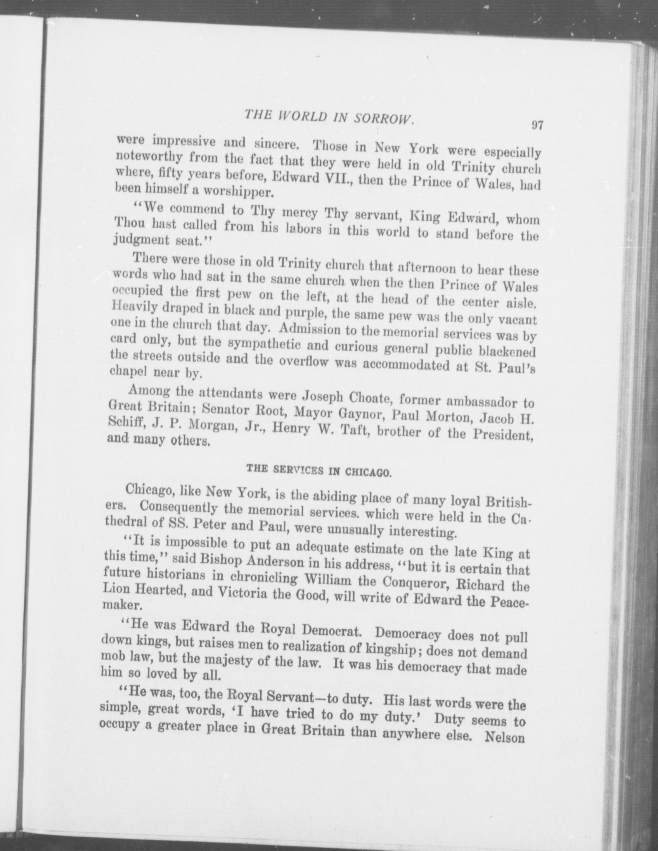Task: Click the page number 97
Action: [x=537, y=125]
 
